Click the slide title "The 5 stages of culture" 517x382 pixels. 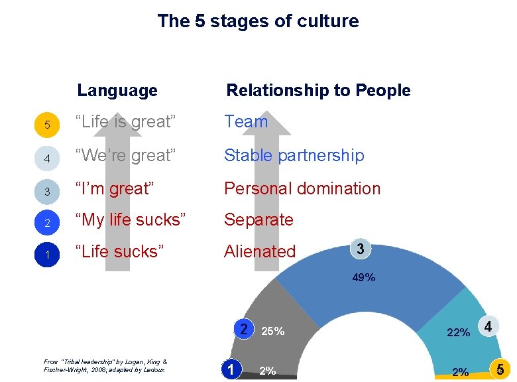(x=258, y=21)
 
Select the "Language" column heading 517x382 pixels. (x=117, y=90)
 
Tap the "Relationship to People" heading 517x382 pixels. (x=318, y=90)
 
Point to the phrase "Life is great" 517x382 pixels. (x=125, y=122)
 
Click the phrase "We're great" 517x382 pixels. (x=126, y=155)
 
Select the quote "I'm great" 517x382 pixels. (x=115, y=188)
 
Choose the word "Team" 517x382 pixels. (x=246, y=122)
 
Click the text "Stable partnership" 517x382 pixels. (x=294, y=155)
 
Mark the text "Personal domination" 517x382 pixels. (x=302, y=188)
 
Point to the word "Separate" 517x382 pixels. (x=258, y=220)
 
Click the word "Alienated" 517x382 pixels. (x=260, y=251)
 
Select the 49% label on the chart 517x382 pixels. (x=363, y=278)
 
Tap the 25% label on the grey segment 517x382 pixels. (x=273, y=331)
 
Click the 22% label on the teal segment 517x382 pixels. (x=459, y=332)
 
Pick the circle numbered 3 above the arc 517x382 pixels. (x=360, y=249)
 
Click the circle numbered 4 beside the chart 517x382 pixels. (x=488, y=327)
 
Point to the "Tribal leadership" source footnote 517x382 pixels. (x=105, y=365)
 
